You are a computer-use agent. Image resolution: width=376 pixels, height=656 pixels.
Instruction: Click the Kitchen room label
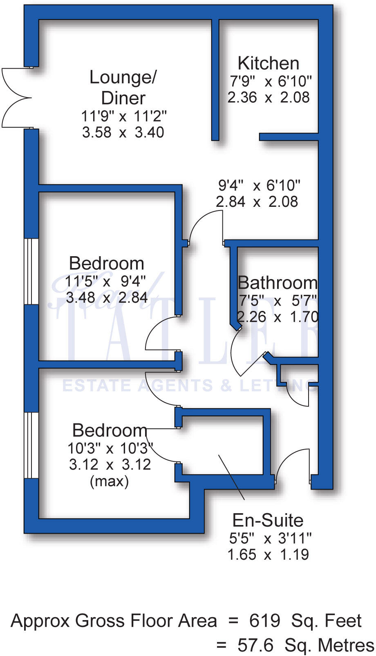[x=269, y=64]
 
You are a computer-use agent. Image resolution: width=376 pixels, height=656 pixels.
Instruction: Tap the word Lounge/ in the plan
[x=123, y=78]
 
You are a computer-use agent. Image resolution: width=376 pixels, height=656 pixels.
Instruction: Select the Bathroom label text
[x=278, y=283]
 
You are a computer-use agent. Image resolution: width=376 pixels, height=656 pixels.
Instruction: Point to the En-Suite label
[x=268, y=521]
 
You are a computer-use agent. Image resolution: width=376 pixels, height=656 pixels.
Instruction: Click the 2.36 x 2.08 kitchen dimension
[x=269, y=98]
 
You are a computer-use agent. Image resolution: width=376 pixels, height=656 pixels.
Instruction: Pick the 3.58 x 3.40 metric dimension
[x=123, y=133]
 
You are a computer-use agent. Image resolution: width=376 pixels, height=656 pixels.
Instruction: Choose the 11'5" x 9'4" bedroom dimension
[x=105, y=281]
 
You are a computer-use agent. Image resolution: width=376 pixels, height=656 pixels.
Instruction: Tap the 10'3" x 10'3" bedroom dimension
[x=110, y=448]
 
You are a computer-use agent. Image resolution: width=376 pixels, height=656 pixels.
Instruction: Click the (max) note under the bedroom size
[x=109, y=481]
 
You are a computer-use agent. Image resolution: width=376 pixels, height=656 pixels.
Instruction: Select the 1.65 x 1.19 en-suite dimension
[x=268, y=555]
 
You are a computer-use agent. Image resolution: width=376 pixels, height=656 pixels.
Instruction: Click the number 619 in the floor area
[x=265, y=621]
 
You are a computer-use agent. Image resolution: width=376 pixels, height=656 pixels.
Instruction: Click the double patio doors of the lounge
[x=16, y=98]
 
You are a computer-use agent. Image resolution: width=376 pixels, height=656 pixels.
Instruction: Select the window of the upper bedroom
[x=31, y=271]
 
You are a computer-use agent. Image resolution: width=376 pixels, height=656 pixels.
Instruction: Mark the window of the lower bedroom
[x=31, y=445]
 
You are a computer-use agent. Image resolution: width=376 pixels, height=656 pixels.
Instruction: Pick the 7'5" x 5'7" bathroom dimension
[x=278, y=301]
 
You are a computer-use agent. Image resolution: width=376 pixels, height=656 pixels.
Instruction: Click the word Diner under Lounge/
[x=123, y=98]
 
